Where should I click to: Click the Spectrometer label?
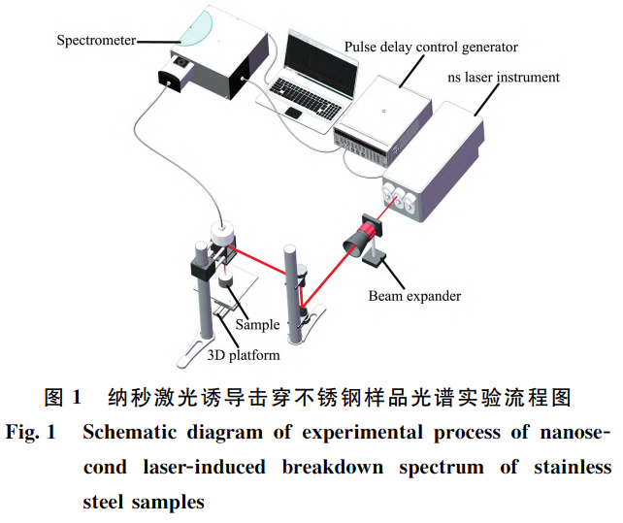coord(95,41)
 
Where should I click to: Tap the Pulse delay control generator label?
coord(431,48)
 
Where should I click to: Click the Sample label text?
coord(257,324)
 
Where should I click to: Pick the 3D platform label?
coord(244,354)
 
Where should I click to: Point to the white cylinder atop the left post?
coord(223,234)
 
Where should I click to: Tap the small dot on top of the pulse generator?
coord(384,112)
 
